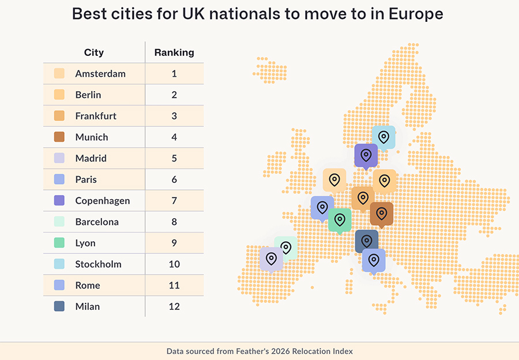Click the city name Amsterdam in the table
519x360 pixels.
(x=100, y=74)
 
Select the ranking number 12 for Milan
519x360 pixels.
(x=174, y=306)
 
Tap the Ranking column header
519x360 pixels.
(x=174, y=52)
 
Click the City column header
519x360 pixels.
(x=94, y=52)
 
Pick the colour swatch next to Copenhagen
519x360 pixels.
(x=59, y=201)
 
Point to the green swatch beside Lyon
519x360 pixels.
(x=59, y=243)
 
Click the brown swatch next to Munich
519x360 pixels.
(x=59, y=137)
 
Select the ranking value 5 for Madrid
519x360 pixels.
(x=174, y=159)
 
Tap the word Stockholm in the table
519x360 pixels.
(x=98, y=264)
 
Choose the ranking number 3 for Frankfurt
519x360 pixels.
(x=174, y=116)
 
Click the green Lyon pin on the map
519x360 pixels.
(x=340, y=220)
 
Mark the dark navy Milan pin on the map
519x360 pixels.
(x=366, y=241)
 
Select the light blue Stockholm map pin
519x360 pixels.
(x=383, y=137)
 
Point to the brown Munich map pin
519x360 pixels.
(x=381, y=213)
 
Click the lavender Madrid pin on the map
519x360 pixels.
(x=271, y=258)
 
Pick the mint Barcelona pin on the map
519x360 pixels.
(x=285, y=247)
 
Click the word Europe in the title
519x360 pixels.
(x=415, y=14)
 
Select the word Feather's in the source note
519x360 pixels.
(x=246, y=351)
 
